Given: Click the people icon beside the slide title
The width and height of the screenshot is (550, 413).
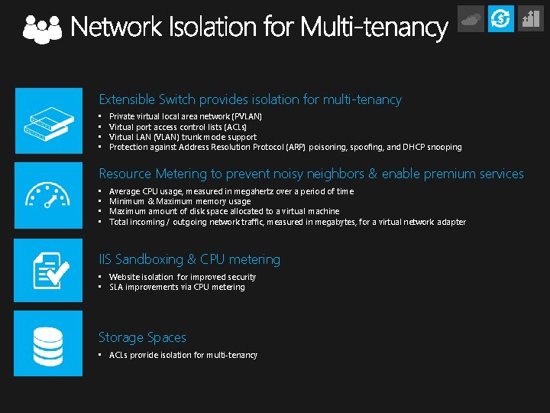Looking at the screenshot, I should pos(42,28).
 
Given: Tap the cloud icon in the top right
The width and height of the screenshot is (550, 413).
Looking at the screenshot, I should pos(471,18).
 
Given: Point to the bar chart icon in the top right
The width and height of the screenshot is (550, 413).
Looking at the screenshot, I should pos(530,18).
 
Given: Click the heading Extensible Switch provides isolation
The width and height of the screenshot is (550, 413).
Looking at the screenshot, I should pos(250,99).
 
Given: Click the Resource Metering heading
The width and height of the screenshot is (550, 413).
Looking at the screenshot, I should pos(311,174).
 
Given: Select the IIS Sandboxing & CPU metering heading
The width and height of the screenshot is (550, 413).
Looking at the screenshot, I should pos(189,260).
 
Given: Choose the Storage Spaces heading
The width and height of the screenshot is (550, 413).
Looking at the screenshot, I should pos(142,337).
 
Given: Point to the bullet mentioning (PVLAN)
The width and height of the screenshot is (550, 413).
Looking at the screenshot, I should pos(186,116).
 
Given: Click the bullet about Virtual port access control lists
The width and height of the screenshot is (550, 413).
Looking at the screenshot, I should pos(178,127).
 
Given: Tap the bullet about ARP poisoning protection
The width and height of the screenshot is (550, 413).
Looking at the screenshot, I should pos(285,147).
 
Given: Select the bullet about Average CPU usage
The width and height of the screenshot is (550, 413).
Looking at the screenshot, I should pos(231,191).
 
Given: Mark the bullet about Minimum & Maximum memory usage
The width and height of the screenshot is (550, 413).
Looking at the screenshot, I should pos(180,201).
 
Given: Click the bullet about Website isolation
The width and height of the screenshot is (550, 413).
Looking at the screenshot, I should pos(183,277).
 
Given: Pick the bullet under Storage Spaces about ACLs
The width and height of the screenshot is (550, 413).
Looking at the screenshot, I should pos(183,355).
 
